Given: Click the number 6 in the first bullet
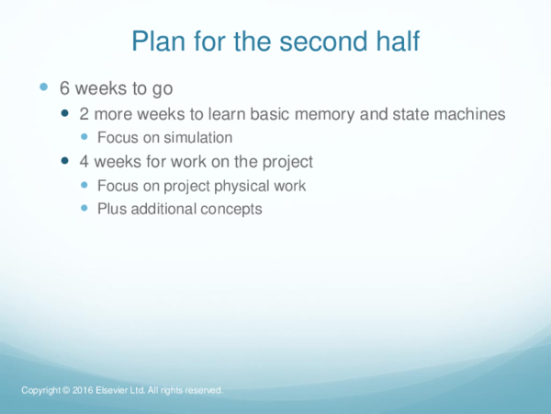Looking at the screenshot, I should [65, 89].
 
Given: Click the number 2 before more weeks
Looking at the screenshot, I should [84, 114].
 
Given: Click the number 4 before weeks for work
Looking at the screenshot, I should [84, 162].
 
